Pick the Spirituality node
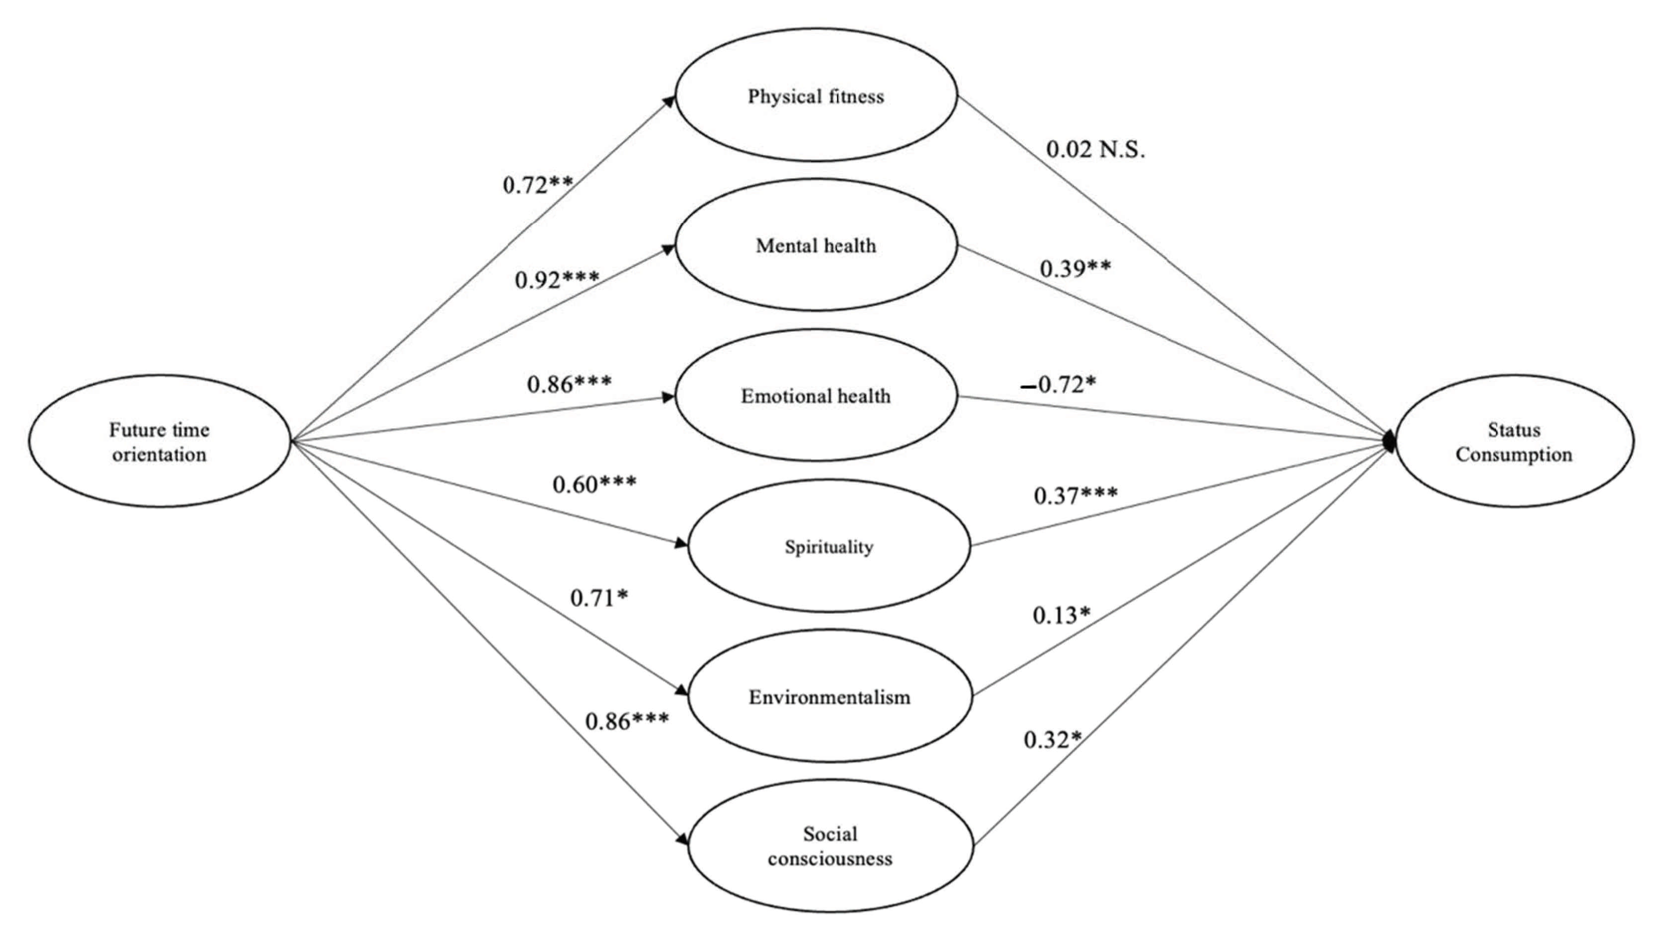(829, 546)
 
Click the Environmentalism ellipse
(829, 696)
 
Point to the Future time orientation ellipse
(159, 441)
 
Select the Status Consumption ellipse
(1514, 441)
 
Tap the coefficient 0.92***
(557, 280)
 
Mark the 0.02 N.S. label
(1095, 150)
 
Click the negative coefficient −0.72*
(1058, 385)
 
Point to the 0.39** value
(1075, 268)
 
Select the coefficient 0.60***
(594, 484)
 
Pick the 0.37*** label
(1075, 496)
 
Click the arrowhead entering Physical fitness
(669, 100)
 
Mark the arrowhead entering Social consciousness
(681, 840)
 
